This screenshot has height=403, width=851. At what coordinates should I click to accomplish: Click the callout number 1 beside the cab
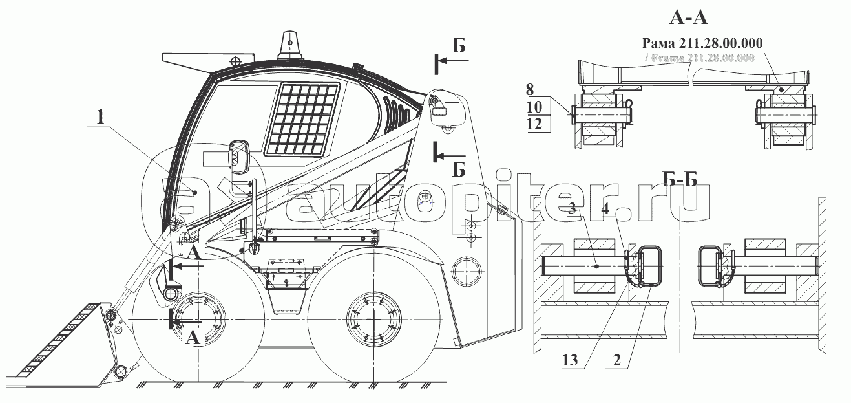click(x=100, y=118)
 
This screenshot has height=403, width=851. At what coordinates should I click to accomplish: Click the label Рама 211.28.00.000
click(x=702, y=43)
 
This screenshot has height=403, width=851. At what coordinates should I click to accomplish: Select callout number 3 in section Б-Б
click(x=572, y=208)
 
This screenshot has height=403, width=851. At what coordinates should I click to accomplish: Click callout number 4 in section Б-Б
click(x=604, y=208)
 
